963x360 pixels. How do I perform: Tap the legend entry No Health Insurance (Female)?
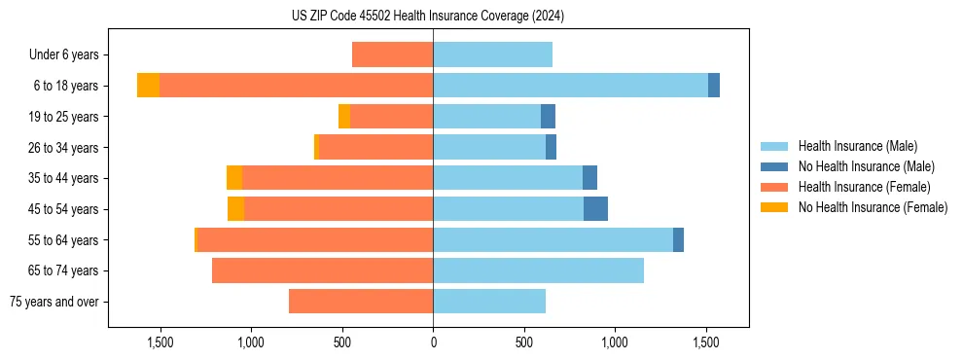873,207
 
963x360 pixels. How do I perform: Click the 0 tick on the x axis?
433,342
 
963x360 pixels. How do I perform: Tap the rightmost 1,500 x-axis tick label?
706,342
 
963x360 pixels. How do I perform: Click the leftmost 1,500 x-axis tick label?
160,342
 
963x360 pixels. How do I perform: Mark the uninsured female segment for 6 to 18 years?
148,86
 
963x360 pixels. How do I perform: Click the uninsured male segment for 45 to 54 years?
595,209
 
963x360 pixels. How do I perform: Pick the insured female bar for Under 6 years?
392,54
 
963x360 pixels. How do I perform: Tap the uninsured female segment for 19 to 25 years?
344,117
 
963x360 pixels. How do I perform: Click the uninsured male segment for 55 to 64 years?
678,240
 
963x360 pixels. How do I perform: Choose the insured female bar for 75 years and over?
361,302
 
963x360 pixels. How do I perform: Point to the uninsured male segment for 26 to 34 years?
551,147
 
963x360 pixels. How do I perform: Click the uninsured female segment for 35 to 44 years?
234,178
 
